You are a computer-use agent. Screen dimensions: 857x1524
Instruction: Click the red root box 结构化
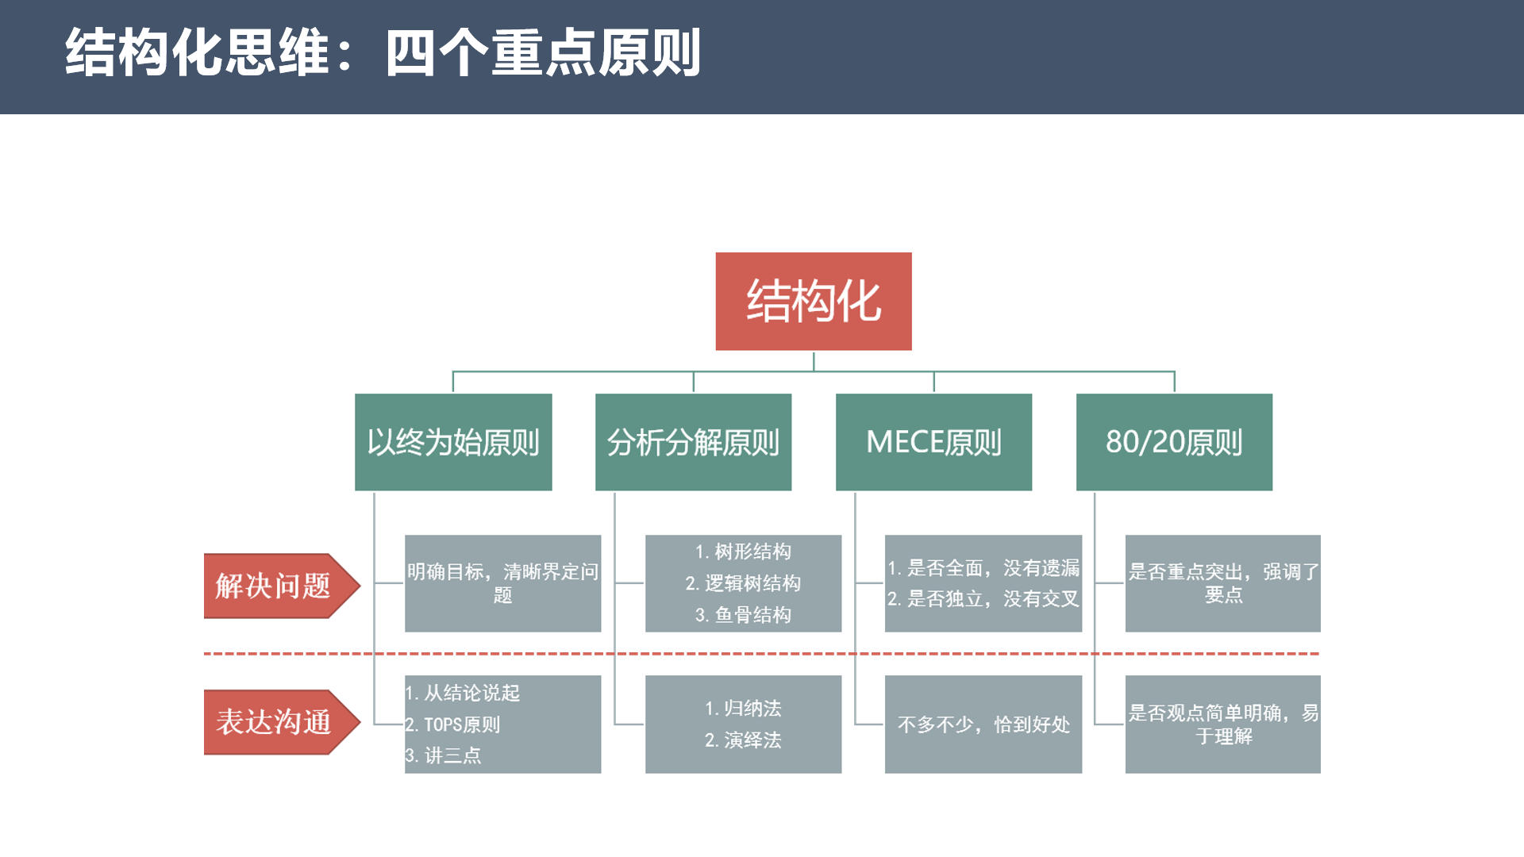(x=813, y=302)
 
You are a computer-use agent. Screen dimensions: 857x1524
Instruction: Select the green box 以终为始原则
(x=453, y=442)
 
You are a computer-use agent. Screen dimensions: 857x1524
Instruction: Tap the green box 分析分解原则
(x=693, y=442)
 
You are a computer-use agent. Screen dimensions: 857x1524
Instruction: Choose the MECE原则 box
(x=933, y=442)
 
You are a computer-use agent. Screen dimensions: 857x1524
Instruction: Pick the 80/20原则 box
(x=1174, y=442)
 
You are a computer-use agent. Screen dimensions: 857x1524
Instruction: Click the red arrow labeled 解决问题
(x=274, y=586)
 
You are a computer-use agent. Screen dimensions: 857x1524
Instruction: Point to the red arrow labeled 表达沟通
(x=274, y=722)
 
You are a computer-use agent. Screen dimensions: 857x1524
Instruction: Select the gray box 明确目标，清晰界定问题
(x=502, y=583)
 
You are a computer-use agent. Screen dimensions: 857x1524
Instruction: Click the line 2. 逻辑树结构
(x=743, y=583)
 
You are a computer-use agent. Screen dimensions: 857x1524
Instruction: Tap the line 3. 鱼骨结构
(x=743, y=615)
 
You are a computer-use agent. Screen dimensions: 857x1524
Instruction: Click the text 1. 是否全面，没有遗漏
(x=983, y=568)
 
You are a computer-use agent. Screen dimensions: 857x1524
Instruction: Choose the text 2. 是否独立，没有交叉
(x=983, y=598)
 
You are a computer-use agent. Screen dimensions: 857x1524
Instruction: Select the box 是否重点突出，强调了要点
(x=1222, y=583)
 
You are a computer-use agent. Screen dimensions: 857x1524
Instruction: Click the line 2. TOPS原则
(x=453, y=724)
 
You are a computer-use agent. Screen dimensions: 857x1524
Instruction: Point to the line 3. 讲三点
(x=444, y=755)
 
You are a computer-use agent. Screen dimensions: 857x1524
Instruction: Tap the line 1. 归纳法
(x=743, y=708)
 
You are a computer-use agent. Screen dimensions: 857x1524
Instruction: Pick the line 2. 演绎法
(x=743, y=740)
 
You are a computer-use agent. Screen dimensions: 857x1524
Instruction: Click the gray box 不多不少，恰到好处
(x=983, y=724)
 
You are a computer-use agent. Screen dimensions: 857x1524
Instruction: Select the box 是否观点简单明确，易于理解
(x=1222, y=724)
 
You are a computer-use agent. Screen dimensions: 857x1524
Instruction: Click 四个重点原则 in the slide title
(x=543, y=53)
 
